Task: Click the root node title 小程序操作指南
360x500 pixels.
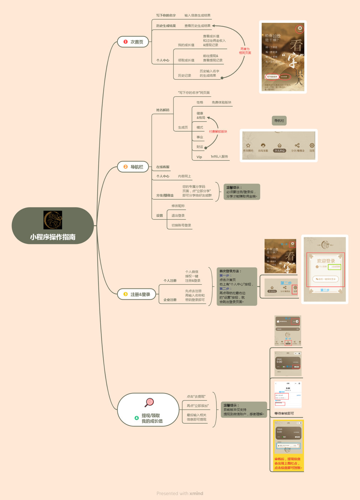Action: (x=53, y=237)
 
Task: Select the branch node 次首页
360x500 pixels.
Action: (x=133, y=42)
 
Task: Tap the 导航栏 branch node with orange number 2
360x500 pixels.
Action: (x=133, y=167)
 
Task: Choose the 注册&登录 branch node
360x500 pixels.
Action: (x=137, y=294)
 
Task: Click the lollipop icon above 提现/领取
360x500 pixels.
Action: (x=149, y=402)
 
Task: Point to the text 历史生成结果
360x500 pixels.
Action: (x=166, y=26)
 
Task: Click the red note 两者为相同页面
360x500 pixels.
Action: (x=245, y=51)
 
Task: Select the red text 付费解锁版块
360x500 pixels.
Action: (x=218, y=132)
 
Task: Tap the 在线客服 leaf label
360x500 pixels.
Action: (x=163, y=167)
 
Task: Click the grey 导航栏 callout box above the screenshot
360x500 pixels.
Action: (x=279, y=121)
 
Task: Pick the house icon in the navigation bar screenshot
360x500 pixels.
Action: (x=279, y=146)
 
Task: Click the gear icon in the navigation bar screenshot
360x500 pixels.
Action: (x=312, y=146)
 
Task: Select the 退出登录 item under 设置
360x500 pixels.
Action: (x=178, y=215)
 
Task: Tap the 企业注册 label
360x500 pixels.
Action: (x=170, y=300)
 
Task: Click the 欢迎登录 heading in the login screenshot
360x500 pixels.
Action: (x=326, y=261)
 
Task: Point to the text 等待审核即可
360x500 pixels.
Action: (x=284, y=413)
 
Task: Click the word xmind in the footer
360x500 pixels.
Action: (x=196, y=493)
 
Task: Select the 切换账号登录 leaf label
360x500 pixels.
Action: (x=181, y=225)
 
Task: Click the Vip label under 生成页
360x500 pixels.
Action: (x=199, y=157)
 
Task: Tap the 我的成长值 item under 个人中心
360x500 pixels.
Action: (x=186, y=45)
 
